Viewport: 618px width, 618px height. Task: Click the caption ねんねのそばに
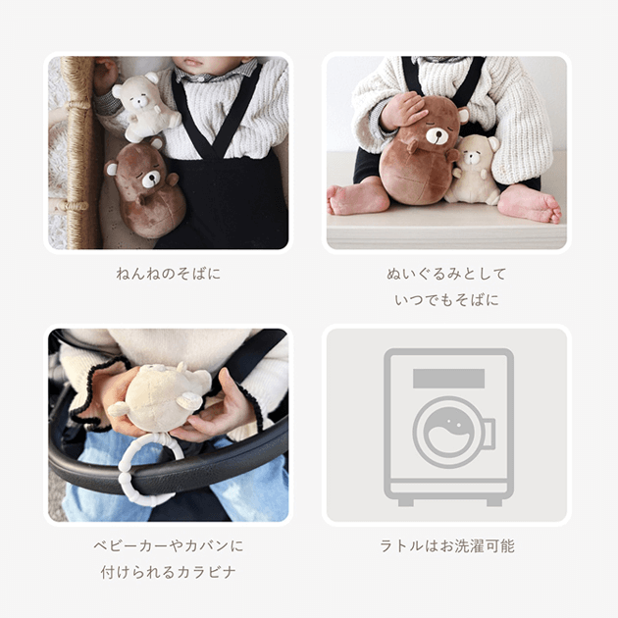(x=169, y=274)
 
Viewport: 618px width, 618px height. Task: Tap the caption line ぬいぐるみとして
(x=446, y=274)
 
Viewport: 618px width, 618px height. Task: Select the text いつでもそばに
(x=446, y=300)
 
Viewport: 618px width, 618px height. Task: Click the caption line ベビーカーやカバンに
(x=169, y=545)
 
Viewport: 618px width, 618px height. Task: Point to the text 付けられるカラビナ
(x=169, y=572)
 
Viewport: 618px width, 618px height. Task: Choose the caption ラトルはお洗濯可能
(x=447, y=545)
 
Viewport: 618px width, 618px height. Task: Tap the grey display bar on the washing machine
(x=448, y=379)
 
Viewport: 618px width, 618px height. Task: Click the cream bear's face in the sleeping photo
(x=137, y=100)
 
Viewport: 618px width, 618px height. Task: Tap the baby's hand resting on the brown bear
(x=403, y=111)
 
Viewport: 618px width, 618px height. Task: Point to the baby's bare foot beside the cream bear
(x=530, y=203)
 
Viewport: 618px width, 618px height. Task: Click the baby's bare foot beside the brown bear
(x=358, y=198)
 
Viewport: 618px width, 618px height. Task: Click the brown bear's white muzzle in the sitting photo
(x=438, y=136)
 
